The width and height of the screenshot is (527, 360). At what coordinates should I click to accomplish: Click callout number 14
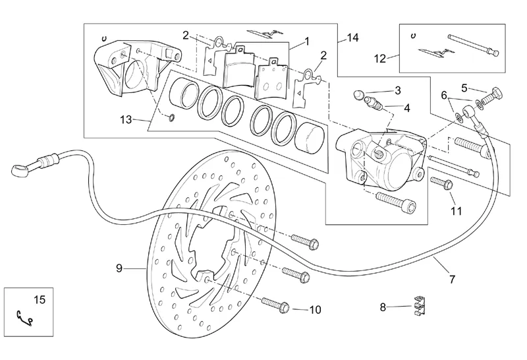pos(352,38)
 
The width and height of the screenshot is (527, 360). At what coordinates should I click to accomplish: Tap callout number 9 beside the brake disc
pos(119,268)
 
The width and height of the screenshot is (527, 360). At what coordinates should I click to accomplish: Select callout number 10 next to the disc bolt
pos(315,309)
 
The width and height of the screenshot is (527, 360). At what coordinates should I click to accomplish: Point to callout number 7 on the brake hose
pos(452,279)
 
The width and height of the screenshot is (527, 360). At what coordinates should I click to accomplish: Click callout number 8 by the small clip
pos(383,307)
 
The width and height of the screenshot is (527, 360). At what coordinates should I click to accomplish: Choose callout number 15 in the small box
pos(40,300)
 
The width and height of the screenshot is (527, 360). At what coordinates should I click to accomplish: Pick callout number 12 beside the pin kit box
pos(380,58)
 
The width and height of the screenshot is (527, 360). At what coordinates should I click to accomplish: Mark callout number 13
pos(127,119)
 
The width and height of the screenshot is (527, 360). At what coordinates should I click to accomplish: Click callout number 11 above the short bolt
pos(456,211)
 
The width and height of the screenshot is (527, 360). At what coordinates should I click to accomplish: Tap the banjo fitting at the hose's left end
pos(21,169)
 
